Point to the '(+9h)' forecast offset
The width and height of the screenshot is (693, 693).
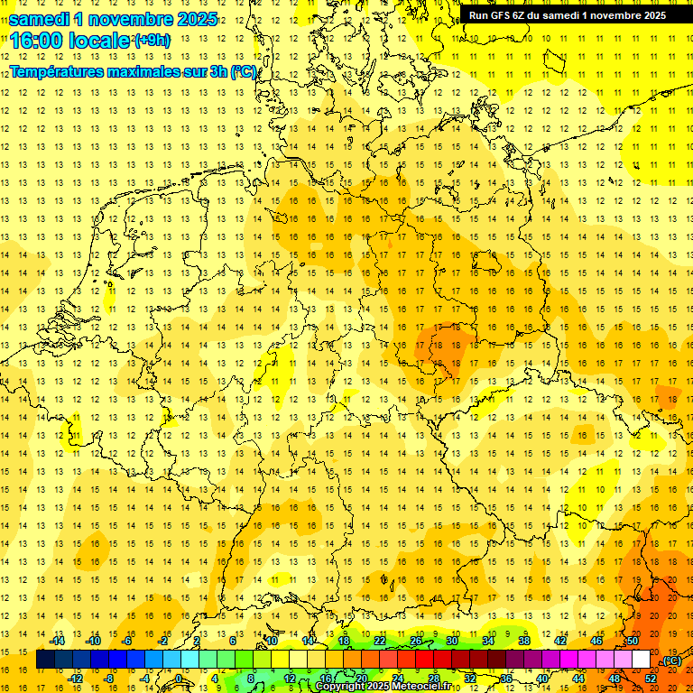pos(152,40)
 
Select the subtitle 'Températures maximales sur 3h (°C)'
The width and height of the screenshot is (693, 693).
pos(133,72)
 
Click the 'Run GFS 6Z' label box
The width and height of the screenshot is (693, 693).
pos(567,14)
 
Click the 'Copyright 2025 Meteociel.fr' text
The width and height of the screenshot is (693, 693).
pos(383,687)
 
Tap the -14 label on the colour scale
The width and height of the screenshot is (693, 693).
pos(59,641)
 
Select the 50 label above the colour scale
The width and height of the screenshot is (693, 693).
pos(632,641)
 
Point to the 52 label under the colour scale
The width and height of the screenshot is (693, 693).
pos(651,679)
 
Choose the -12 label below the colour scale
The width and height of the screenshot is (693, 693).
pos(77,679)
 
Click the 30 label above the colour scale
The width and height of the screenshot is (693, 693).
pos(452,641)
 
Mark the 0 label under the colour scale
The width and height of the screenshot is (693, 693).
pos(180,679)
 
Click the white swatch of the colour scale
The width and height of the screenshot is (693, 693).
pos(641,660)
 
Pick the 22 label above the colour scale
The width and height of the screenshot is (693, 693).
pos(380,641)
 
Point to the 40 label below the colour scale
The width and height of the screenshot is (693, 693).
pos(542,679)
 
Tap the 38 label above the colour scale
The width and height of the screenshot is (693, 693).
pos(524,641)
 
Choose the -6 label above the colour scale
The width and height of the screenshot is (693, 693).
pos(127,641)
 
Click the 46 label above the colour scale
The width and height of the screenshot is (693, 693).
pos(596,641)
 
